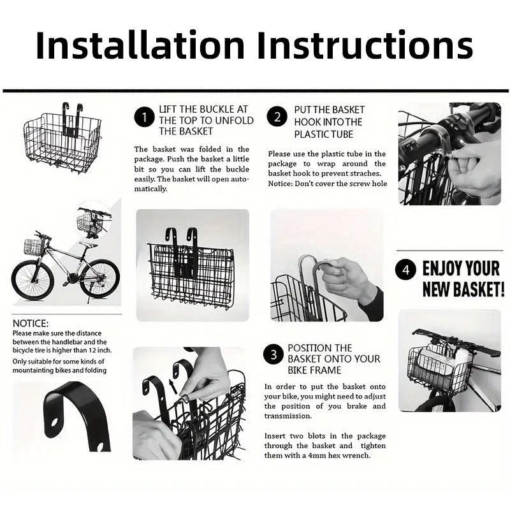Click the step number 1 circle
click(x=144, y=117)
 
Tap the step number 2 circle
click(x=277, y=117)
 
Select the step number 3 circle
click(x=273, y=354)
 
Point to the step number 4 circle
click(x=405, y=270)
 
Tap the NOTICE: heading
click(x=30, y=323)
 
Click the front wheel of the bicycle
click(x=33, y=279)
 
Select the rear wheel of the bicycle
click(x=99, y=278)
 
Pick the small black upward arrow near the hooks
click(x=173, y=387)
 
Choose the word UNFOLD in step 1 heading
click(x=234, y=120)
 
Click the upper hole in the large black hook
click(x=54, y=422)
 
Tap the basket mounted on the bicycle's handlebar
click(x=34, y=247)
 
